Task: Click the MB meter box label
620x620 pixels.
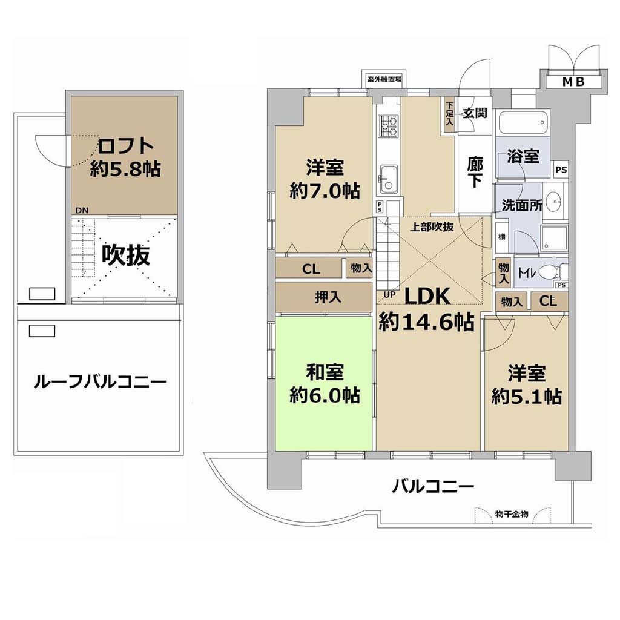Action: coord(573,82)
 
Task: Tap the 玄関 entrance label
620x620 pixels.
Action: coord(475,113)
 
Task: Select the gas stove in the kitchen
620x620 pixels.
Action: coord(388,126)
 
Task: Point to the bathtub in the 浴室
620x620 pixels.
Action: coord(523,123)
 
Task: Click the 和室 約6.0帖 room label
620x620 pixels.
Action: coord(325,383)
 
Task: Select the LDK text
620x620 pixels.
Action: coord(427,295)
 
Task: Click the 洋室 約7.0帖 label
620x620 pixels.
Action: coord(325,179)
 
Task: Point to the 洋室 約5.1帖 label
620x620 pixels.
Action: coord(527,384)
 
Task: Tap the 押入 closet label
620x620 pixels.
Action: coord(328,297)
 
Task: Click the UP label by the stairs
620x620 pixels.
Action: coord(389,295)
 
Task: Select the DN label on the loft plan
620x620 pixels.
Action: coord(82,211)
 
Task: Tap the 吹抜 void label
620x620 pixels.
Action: coord(126,255)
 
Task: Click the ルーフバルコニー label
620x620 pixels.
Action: coord(100,382)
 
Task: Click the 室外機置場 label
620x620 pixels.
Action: coord(384,79)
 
